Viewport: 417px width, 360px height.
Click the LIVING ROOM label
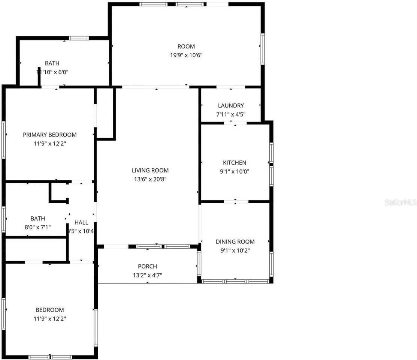[x=150, y=170]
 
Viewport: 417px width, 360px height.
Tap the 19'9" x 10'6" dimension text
[x=186, y=55]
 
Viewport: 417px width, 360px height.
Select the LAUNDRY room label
[x=231, y=106]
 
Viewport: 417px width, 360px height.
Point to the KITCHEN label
[x=235, y=163]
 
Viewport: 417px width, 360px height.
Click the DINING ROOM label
[x=235, y=242]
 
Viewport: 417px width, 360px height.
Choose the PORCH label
[x=147, y=267]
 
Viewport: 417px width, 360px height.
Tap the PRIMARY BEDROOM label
[x=49, y=135]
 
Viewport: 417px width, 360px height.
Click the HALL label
[x=81, y=222]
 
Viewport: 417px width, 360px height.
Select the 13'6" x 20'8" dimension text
[x=150, y=179]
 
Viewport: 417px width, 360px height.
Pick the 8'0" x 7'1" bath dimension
[x=37, y=227]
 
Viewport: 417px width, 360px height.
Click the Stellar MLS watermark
[x=400, y=202]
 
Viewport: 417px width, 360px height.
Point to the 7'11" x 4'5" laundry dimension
[x=231, y=114]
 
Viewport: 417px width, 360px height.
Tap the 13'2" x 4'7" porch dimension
[x=147, y=275]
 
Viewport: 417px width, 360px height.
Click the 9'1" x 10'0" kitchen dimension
[x=235, y=171]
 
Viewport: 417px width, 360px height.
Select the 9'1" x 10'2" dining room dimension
[x=235, y=250]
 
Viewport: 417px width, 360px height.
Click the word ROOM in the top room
[x=186, y=46]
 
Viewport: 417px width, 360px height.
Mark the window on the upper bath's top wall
[x=79, y=38]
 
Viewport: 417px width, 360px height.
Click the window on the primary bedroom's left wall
[x=3, y=139]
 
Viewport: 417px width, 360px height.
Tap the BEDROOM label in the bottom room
[x=49, y=310]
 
